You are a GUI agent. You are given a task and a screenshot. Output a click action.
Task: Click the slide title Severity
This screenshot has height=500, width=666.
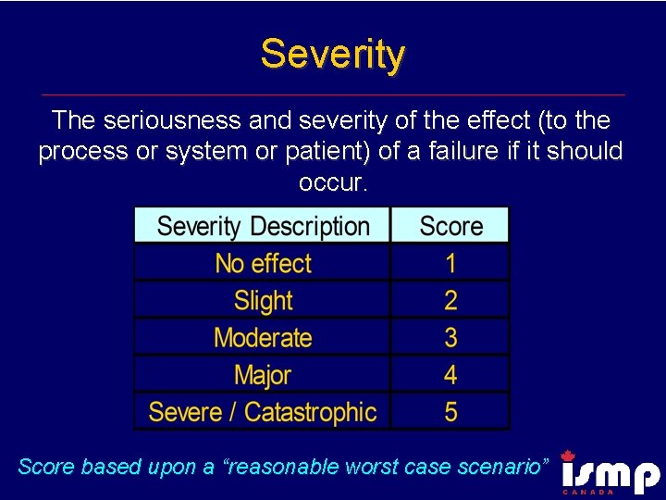click(333, 55)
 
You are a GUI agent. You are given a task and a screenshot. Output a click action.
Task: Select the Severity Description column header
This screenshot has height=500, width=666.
click(263, 226)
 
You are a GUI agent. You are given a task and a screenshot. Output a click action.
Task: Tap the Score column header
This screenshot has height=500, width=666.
click(450, 226)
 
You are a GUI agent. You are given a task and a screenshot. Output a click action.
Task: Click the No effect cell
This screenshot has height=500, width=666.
click(263, 263)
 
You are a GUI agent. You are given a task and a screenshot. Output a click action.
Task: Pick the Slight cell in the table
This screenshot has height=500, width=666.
click(263, 300)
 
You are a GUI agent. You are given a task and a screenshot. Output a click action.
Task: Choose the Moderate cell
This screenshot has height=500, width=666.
click(263, 337)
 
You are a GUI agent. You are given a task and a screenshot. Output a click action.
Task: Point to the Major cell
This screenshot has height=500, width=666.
click(263, 374)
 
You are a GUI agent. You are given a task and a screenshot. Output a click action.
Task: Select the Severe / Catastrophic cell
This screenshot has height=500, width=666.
click(263, 411)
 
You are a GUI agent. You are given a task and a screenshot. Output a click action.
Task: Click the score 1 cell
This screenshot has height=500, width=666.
click(450, 263)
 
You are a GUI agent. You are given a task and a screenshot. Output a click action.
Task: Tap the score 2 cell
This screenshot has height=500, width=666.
click(450, 300)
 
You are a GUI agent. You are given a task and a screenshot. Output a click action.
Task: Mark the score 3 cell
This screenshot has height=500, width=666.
click(450, 337)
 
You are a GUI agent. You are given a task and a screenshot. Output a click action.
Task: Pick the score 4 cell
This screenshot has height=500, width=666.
click(450, 374)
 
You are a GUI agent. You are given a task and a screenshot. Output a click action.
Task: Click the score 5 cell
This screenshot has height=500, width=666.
click(450, 411)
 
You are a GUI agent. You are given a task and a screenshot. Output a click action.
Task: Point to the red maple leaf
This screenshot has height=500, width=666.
click(568, 456)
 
